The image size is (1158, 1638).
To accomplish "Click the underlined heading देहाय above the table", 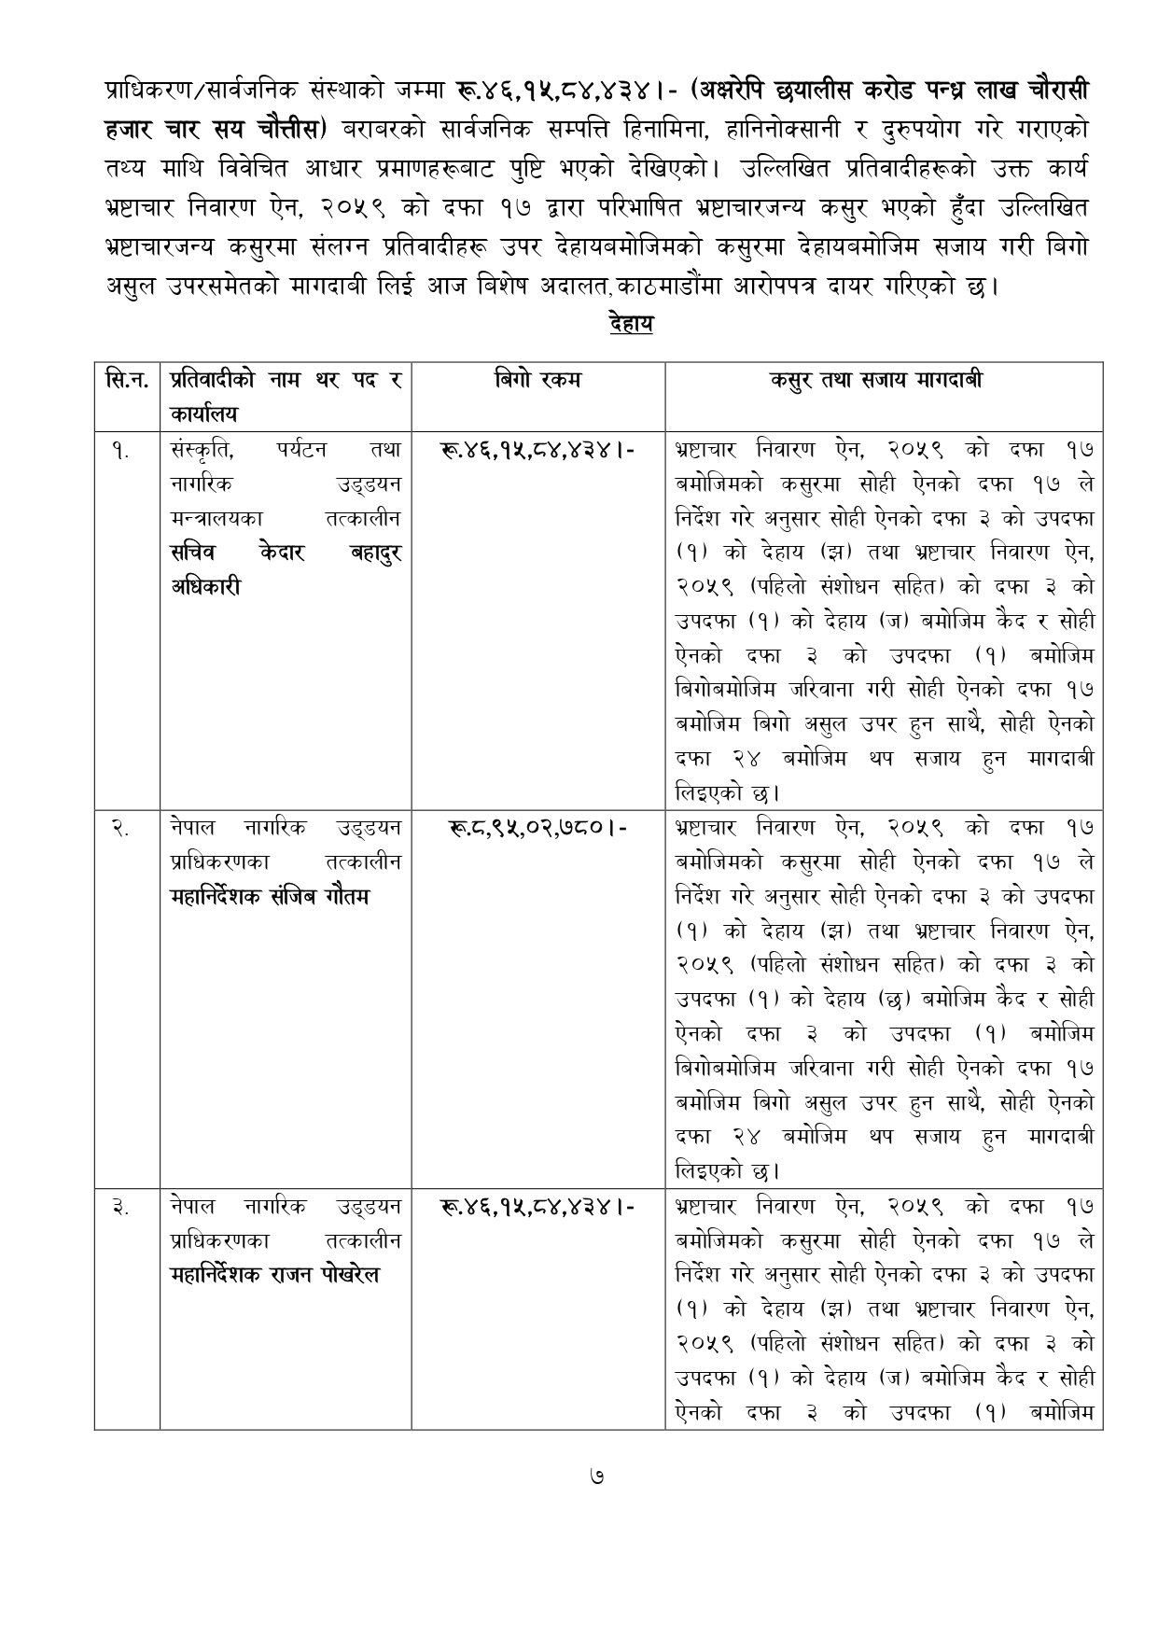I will (630, 325).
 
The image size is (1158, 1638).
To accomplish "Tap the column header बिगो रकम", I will (537, 380).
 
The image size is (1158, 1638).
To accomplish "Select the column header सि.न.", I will (126, 381).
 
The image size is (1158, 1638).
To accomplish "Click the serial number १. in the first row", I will (121, 451).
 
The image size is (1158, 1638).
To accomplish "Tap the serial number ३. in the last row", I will (121, 1207).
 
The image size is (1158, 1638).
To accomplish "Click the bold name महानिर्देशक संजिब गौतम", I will (271, 897).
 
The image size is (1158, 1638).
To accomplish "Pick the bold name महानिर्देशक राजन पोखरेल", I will (275, 1276).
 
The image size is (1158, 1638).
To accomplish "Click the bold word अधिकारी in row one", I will (206, 588).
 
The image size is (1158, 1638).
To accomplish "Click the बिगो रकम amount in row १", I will (537, 451).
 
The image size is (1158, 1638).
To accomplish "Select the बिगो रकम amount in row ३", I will (537, 1207).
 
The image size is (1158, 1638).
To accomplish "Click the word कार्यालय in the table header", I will (203, 413).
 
